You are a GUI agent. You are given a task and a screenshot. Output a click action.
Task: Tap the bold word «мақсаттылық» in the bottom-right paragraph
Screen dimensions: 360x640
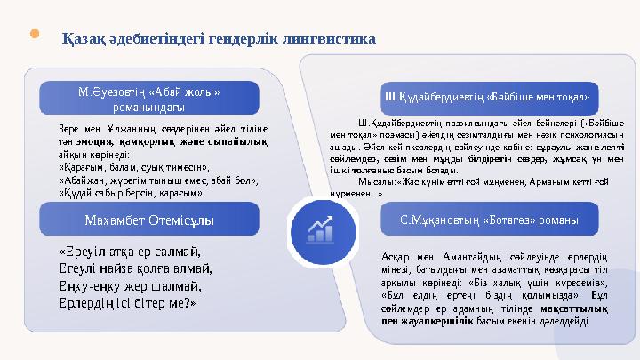click(x=577, y=308)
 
